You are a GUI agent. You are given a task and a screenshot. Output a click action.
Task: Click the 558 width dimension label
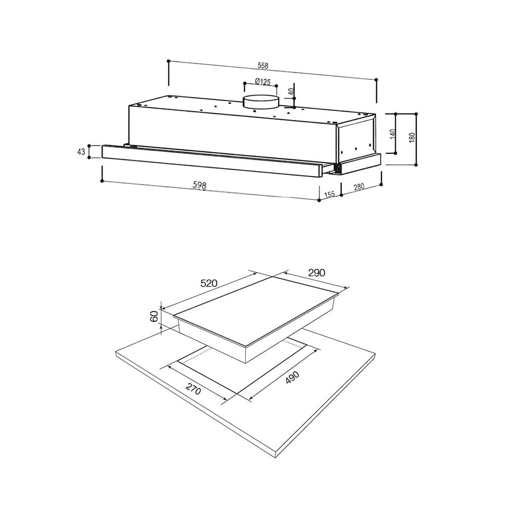pos(263,65)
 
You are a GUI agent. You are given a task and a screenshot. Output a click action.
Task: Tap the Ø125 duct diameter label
pos(262,81)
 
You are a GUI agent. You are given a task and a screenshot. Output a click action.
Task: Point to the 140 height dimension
pos(393,134)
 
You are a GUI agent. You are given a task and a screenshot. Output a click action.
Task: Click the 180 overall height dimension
pos(412,138)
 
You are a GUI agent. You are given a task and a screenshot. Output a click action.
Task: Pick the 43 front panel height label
pos(81,151)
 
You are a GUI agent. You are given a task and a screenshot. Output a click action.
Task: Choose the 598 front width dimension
pos(199,185)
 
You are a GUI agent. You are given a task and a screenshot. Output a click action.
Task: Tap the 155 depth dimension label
pos(329,194)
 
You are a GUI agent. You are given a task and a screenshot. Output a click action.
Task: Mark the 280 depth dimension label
pos(359,187)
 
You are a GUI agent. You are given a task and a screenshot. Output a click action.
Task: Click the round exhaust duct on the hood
pos(261,103)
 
